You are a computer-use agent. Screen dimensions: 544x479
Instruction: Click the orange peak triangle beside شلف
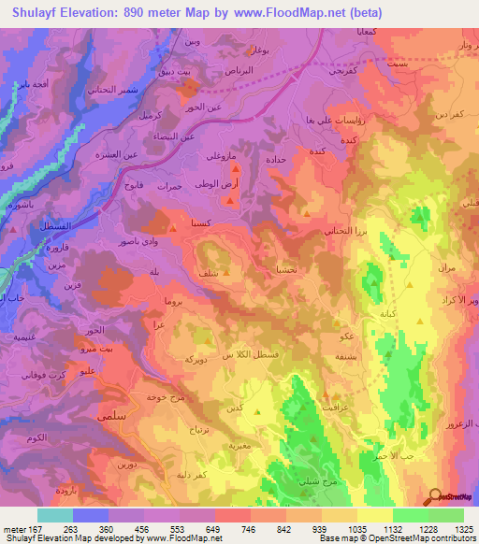click(x=225, y=275)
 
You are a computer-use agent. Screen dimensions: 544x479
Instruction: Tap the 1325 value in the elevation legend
click(x=462, y=529)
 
